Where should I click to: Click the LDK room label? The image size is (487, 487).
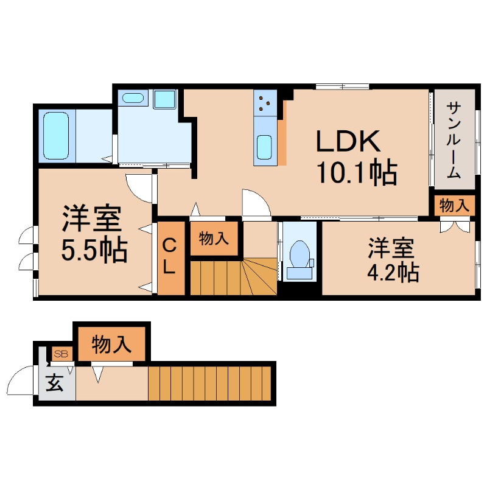(348, 141)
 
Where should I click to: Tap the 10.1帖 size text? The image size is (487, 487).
(356, 173)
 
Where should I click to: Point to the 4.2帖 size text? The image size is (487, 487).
(392, 272)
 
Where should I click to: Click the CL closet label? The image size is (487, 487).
(170, 257)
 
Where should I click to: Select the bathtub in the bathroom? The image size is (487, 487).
(56, 135)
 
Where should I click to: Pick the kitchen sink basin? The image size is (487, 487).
(265, 146)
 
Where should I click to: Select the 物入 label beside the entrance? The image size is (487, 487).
(111, 345)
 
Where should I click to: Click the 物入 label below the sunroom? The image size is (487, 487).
(455, 206)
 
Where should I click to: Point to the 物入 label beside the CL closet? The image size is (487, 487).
(214, 239)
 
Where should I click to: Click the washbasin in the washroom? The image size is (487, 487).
(132, 97)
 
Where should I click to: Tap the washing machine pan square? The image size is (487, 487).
(164, 99)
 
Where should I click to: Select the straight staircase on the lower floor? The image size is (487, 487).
(209, 382)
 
